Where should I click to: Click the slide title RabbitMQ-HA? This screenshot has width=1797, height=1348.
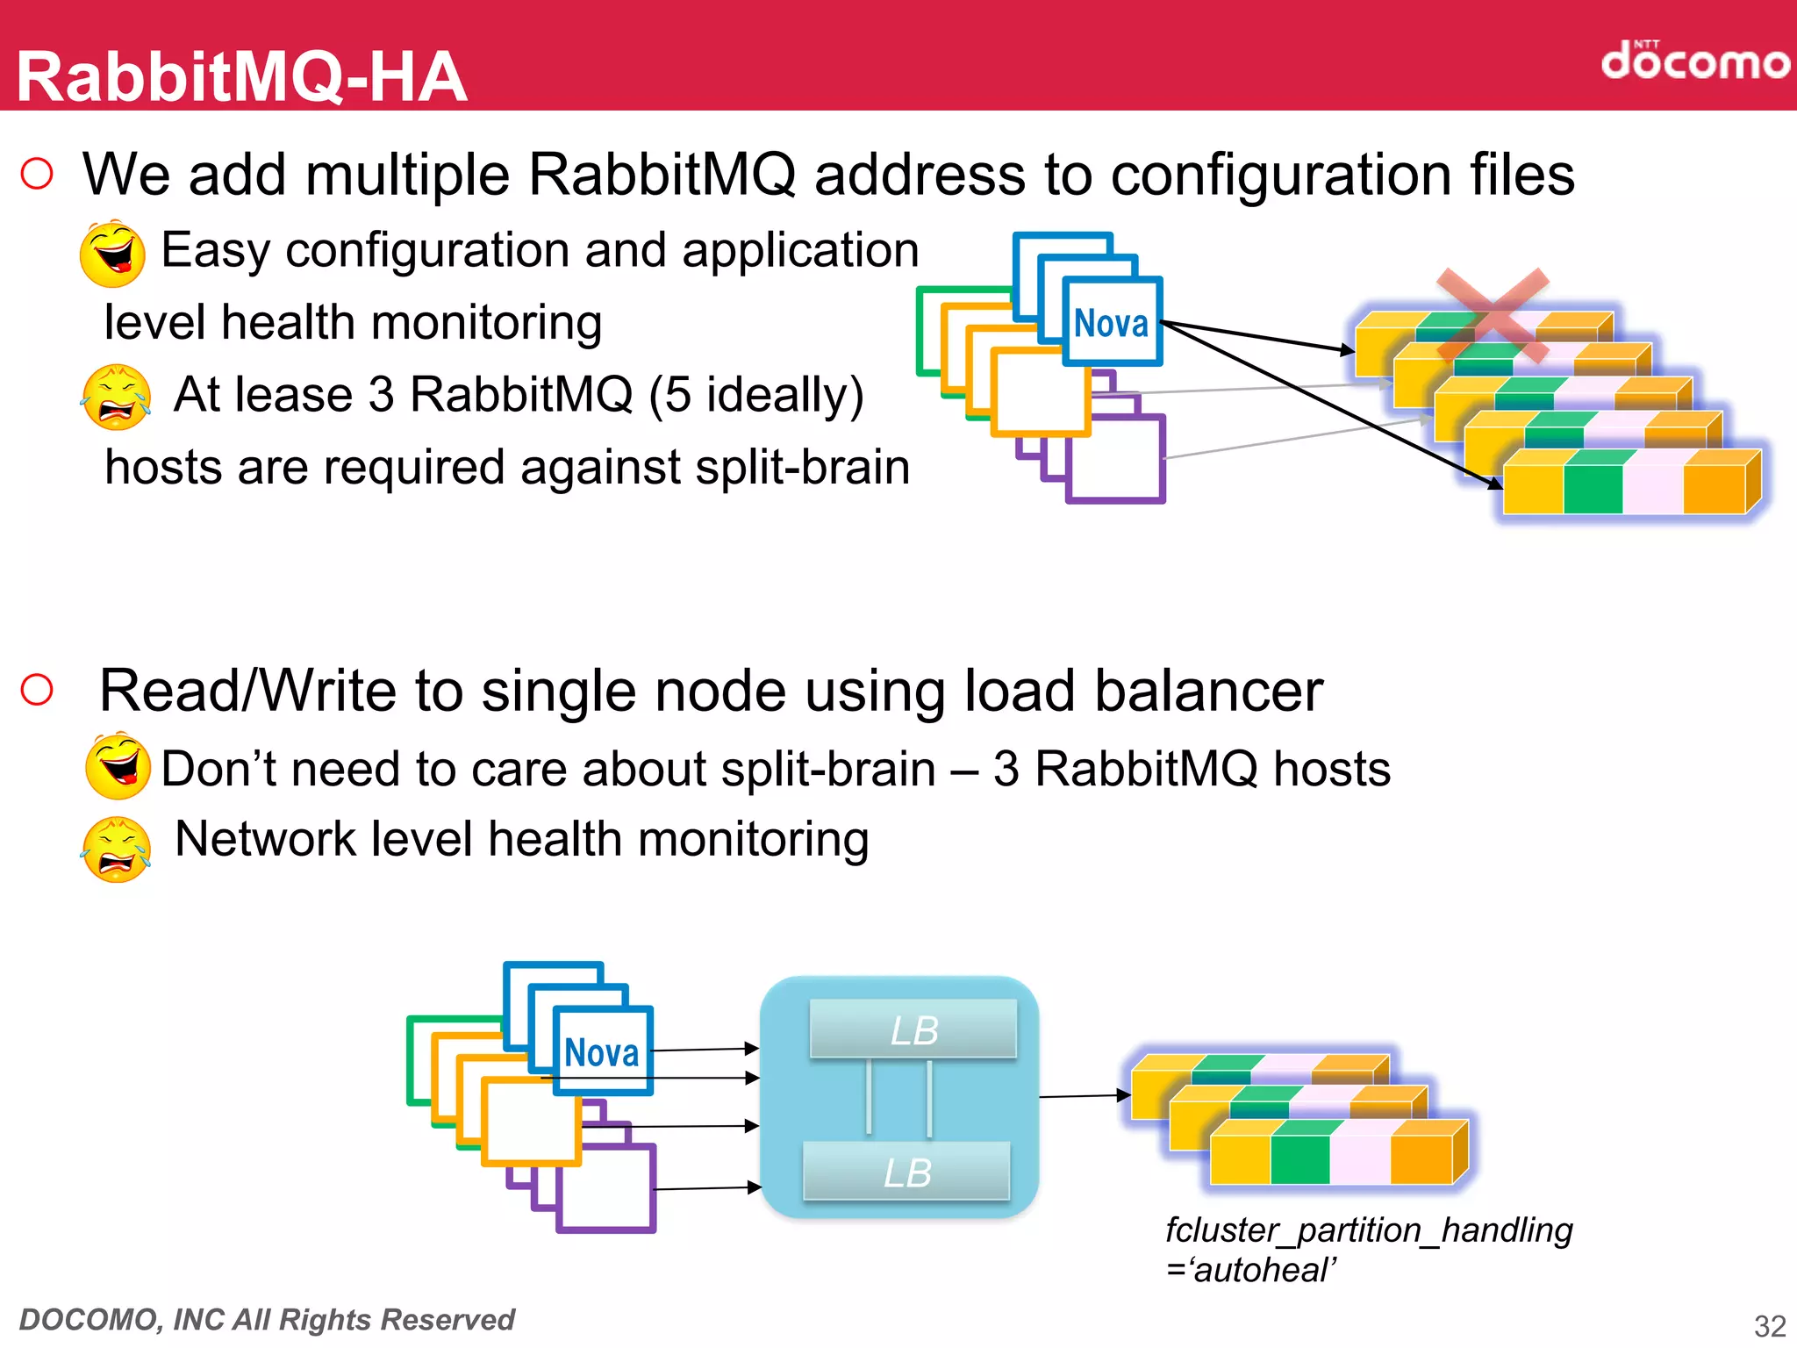click(241, 77)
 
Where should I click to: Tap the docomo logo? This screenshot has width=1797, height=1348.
click(1694, 61)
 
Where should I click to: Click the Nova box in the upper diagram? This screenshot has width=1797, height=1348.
click(1112, 322)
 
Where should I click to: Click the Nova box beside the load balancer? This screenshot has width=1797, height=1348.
click(603, 1051)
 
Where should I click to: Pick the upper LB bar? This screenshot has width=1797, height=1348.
click(913, 1029)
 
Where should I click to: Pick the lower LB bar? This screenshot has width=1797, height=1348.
click(906, 1172)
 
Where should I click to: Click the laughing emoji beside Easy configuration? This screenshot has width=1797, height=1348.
click(112, 254)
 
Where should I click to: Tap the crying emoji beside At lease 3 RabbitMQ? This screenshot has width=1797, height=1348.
click(115, 398)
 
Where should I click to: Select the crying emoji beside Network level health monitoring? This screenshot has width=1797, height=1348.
click(115, 849)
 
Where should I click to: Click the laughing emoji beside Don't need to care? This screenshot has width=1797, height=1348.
click(118, 766)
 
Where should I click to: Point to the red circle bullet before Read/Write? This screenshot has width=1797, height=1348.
click(37, 690)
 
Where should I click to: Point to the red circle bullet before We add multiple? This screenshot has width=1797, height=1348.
click(37, 173)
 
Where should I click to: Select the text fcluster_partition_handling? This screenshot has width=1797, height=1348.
click(1368, 1230)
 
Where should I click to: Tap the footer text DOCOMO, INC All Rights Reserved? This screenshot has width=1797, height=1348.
click(267, 1319)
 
